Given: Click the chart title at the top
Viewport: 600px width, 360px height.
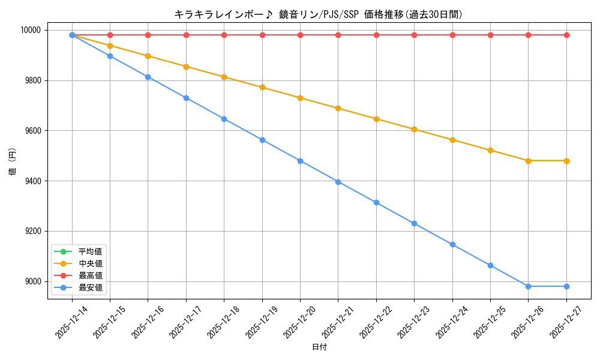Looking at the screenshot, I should (318, 14).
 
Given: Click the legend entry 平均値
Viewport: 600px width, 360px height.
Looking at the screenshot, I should (90, 251).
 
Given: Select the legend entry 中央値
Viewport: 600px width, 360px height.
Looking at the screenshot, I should (90, 263).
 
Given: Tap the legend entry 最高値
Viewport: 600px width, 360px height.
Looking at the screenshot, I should (90, 275).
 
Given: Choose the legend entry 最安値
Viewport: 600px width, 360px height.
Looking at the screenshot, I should (90, 288).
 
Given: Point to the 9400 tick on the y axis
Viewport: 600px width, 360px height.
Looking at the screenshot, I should (33, 181).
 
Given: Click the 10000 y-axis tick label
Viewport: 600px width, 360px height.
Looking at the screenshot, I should (31, 30).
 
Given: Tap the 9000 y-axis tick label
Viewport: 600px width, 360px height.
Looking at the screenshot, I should (33, 281).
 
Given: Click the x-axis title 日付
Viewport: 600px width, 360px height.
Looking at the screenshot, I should (319, 347).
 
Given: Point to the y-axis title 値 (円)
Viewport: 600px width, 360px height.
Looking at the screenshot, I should (13, 163).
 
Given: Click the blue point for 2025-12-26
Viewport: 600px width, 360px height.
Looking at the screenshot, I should (528, 286).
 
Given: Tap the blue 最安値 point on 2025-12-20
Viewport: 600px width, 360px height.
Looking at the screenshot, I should (300, 161).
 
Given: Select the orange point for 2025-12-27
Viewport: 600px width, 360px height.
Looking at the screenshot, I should (566, 161).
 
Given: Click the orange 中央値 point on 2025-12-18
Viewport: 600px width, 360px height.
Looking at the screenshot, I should (224, 77).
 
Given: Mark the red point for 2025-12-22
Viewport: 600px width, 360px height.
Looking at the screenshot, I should (376, 35).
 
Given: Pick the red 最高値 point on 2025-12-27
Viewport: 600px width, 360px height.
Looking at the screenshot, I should (566, 35).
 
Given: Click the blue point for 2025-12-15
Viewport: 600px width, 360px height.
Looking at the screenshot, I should (110, 56).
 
